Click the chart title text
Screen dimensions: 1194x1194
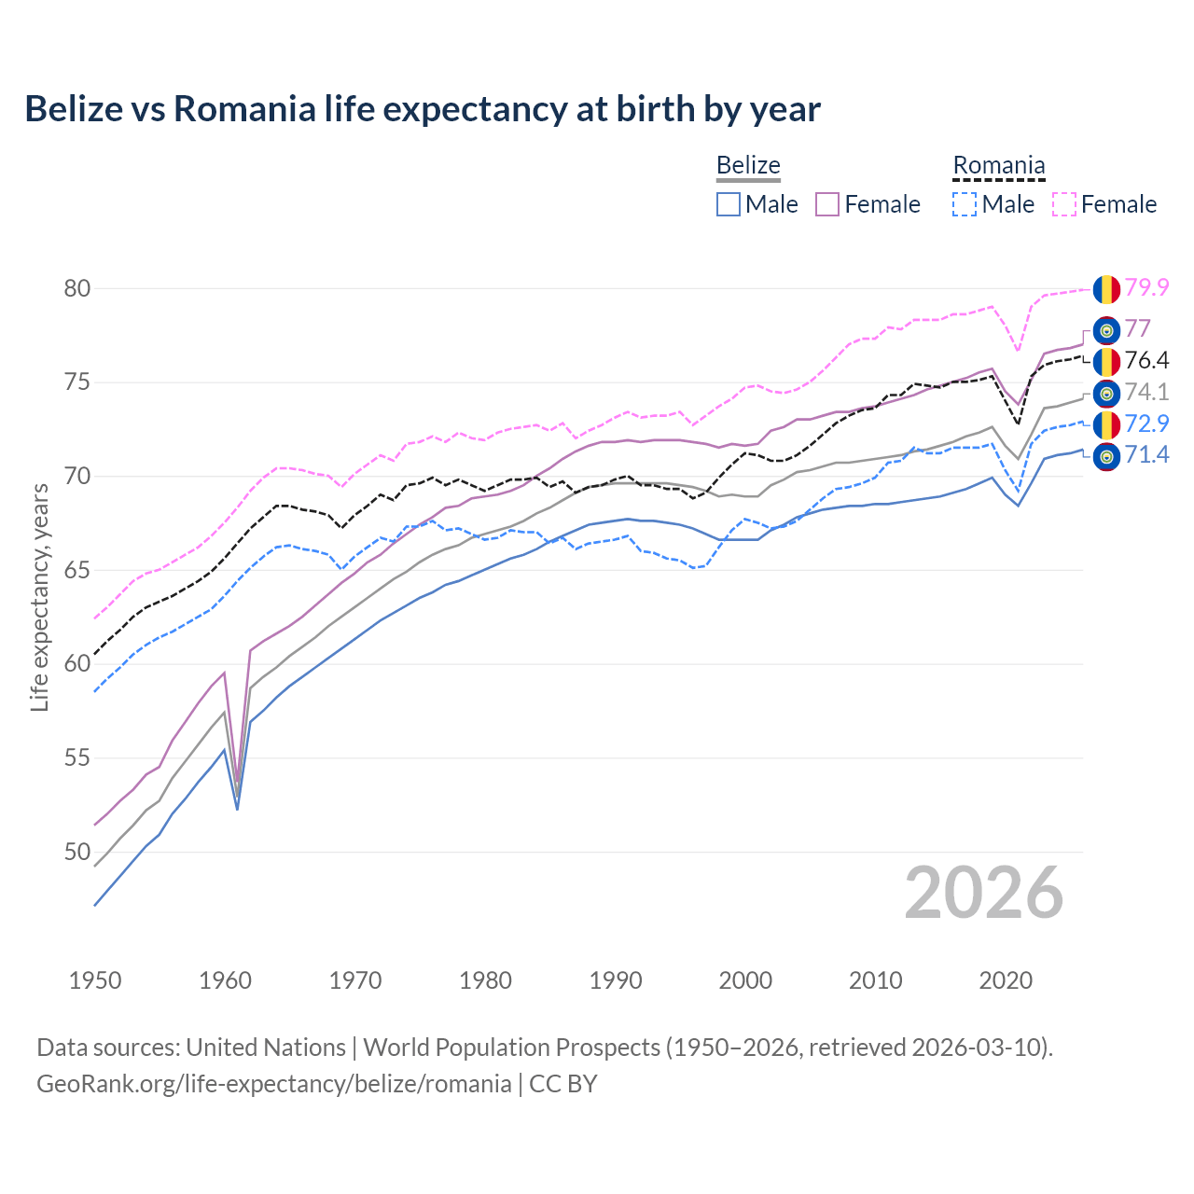pos(423,109)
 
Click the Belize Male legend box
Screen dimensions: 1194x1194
pos(729,204)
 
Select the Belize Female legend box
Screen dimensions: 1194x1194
pos(827,204)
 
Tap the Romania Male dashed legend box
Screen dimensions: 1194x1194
pos(965,204)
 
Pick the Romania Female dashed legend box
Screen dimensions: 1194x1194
pos(1063,204)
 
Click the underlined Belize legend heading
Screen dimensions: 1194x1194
pos(748,166)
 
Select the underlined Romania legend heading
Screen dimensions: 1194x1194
pos(998,166)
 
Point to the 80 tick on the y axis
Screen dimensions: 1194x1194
pos(77,288)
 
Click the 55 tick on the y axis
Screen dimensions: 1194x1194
pos(77,757)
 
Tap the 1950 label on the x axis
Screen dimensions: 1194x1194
pos(95,980)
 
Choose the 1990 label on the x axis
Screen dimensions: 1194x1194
pos(616,980)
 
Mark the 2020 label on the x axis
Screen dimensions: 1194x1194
pos(1006,980)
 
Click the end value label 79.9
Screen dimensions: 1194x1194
pos(1146,288)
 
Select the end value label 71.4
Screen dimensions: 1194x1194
pos(1146,455)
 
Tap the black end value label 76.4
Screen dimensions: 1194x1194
pos(1146,361)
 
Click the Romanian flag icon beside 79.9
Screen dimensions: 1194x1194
pos(1106,289)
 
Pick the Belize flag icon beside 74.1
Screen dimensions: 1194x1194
pos(1106,394)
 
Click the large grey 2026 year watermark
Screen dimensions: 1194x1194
pos(983,893)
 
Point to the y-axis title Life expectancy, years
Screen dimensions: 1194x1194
pos(39,597)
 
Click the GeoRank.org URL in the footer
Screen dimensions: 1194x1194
pos(273,1084)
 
